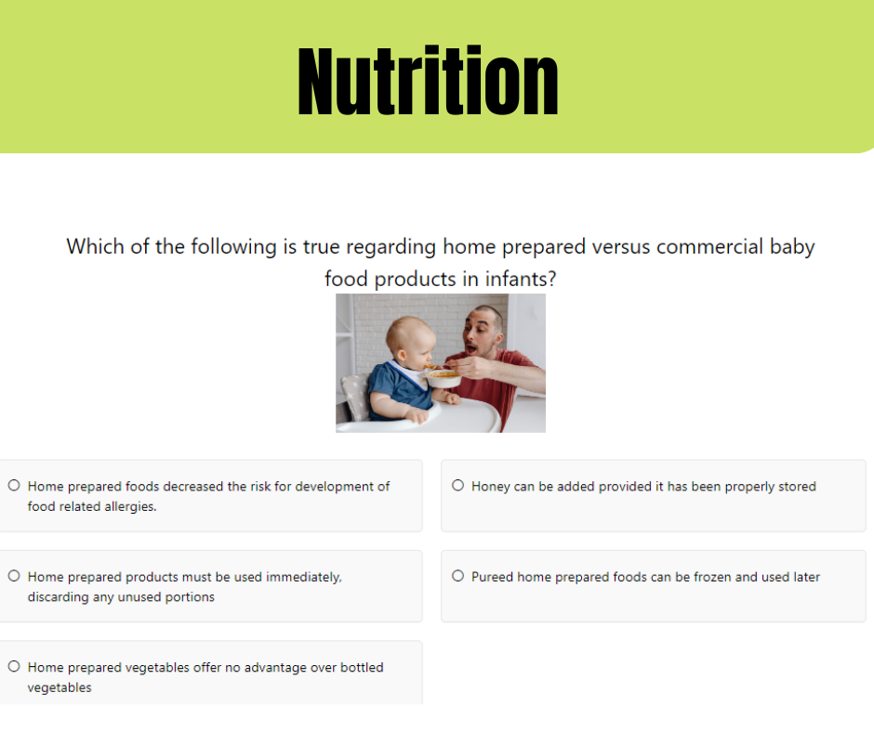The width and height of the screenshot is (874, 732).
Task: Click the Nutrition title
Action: click(x=428, y=81)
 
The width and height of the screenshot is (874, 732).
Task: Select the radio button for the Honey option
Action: click(x=457, y=485)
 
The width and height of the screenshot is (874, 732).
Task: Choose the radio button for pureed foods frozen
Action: click(x=457, y=575)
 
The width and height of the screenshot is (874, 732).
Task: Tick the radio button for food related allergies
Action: click(x=14, y=485)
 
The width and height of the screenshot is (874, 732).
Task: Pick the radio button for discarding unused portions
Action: click(x=14, y=575)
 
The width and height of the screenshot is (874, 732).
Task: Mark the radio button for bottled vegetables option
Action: click(x=14, y=666)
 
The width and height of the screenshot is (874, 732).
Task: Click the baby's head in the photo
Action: click(x=410, y=341)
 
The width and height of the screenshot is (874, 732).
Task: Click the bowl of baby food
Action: click(x=444, y=378)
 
